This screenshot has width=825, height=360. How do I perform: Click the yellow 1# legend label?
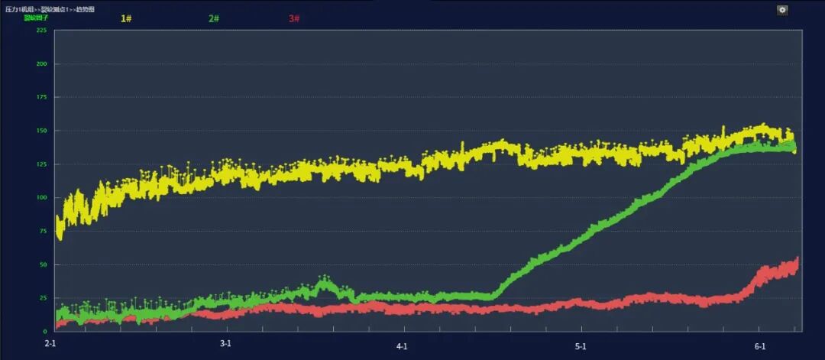click(126, 18)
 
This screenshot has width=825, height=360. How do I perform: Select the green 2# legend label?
click(213, 18)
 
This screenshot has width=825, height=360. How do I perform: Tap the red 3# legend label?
click(294, 18)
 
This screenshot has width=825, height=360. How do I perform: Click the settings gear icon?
click(782, 10)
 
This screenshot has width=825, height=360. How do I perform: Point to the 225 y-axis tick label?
click(41, 31)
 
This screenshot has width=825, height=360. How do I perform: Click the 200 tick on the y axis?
click(41, 64)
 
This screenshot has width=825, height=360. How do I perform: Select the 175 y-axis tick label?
click(41, 98)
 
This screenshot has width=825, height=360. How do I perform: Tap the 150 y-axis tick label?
click(41, 131)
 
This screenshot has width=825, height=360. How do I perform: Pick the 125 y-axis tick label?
click(41, 164)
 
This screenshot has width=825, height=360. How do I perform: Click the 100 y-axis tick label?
click(41, 198)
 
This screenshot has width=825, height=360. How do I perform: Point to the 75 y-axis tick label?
click(43, 232)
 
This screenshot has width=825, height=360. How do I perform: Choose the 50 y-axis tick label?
click(43, 264)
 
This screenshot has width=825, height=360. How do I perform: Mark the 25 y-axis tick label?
click(43, 298)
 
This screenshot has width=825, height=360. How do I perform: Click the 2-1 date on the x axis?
click(50, 344)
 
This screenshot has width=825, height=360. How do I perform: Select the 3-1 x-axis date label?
click(225, 344)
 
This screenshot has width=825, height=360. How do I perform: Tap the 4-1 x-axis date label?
click(402, 346)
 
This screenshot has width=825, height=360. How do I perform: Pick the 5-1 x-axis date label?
click(581, 346)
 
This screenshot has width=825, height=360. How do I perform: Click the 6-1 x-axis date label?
click(760, 346)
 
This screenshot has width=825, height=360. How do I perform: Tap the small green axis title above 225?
click(36, 17)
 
